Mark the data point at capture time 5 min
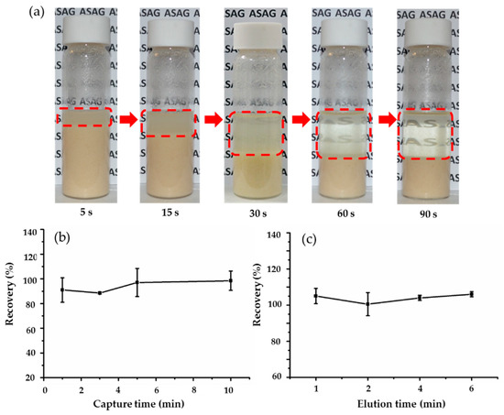137,282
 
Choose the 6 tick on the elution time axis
471,388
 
